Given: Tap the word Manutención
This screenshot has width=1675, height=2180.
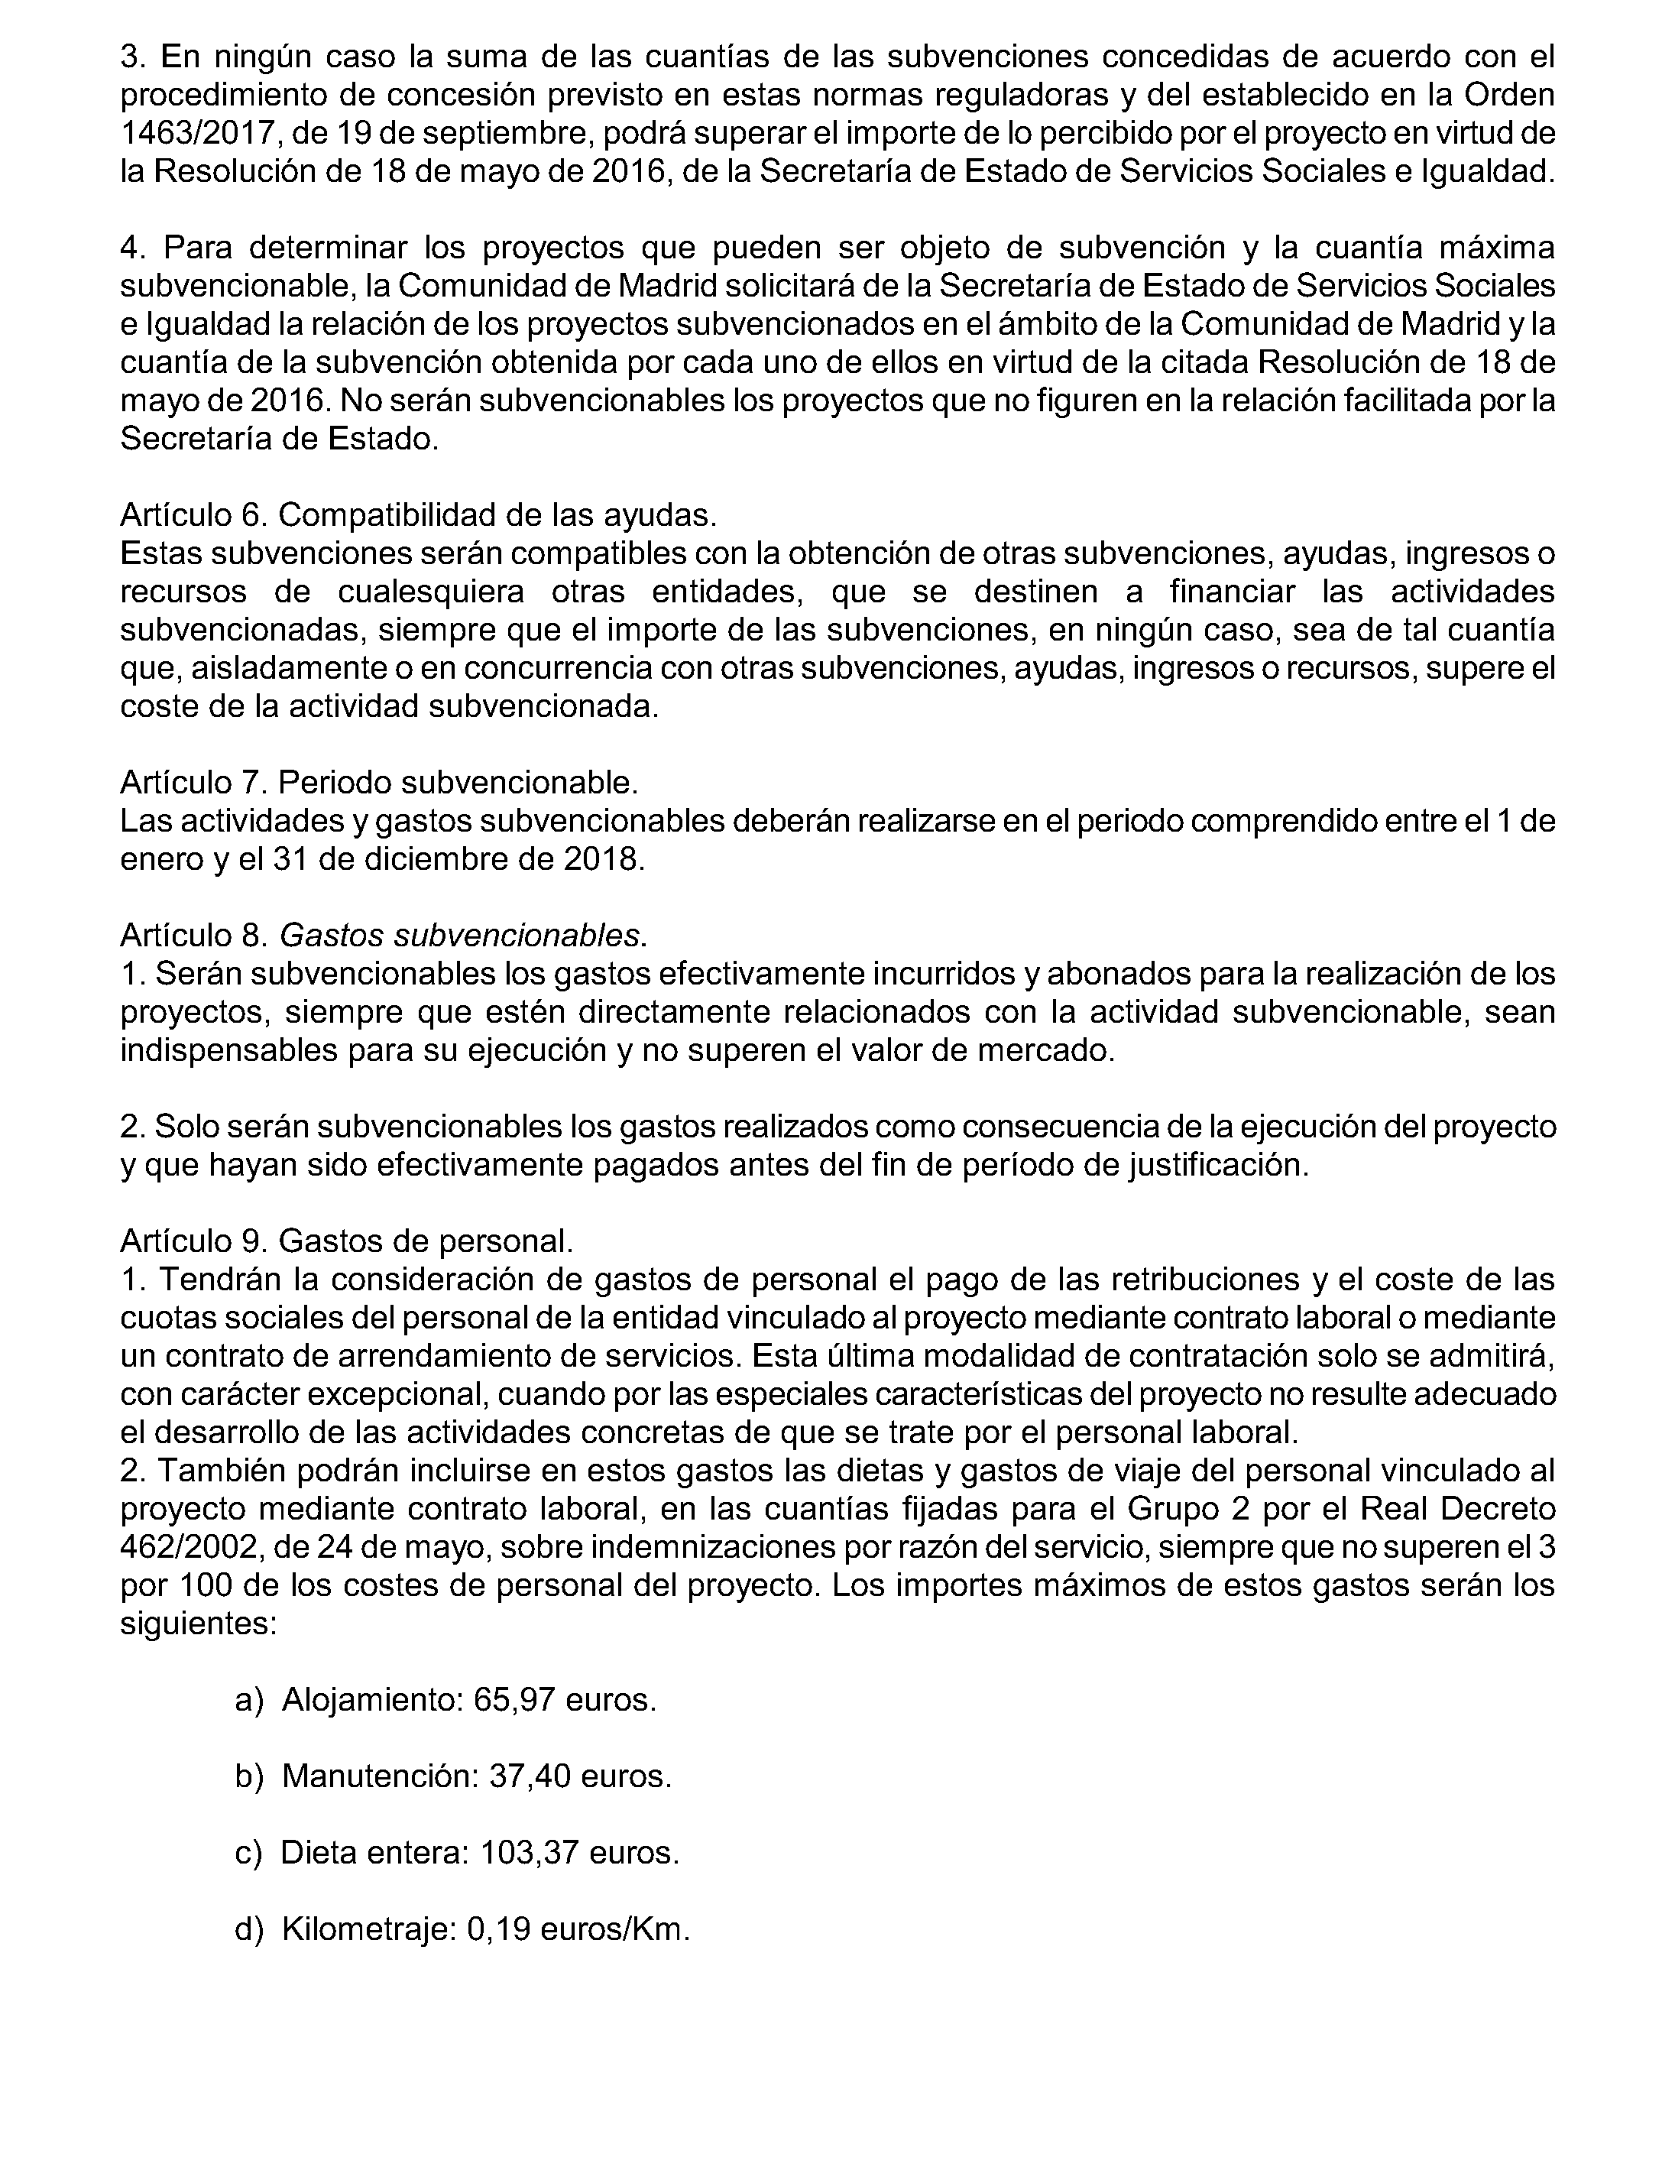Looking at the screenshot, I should coord(376,1776).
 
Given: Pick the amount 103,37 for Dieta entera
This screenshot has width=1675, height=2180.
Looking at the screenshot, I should coord(530,1853).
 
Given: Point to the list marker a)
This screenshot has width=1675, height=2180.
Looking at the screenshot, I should coord(248,1699).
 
